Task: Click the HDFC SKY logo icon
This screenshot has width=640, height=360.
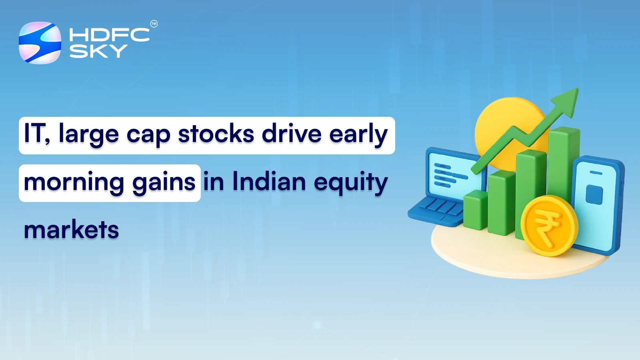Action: click(40, 43)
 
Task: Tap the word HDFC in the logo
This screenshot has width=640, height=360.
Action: click(109, 35)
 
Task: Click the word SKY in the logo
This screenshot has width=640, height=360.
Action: click(98, 51)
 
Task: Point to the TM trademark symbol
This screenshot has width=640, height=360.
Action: click(154, 24)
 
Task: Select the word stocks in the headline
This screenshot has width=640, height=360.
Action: click(216, 134)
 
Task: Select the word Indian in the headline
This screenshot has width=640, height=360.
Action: click(269, 182)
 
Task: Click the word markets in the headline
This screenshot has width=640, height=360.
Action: click(71, 230)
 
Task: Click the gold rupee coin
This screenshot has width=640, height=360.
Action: click(549, 226)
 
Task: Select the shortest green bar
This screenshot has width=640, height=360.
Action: click(475, 210)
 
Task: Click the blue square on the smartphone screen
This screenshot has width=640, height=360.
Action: click(594, 195)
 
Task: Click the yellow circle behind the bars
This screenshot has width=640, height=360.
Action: click(500, 120)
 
